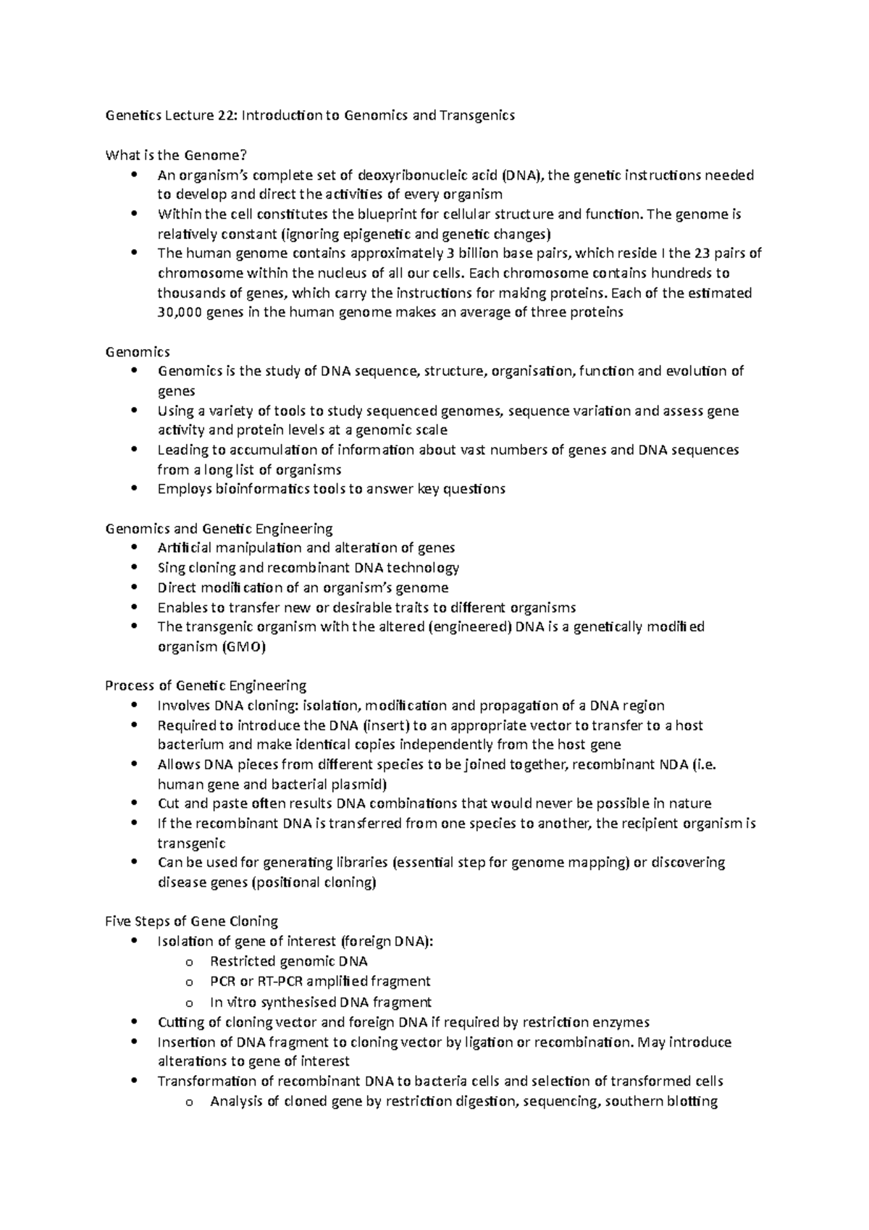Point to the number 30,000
coord(180,312)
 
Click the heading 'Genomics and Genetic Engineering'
coord(219,528)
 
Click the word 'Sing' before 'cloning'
coord(170,568)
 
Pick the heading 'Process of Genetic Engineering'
coord(206,685)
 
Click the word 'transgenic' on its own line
coord(191,843)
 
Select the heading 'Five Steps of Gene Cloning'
coord(192,921)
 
